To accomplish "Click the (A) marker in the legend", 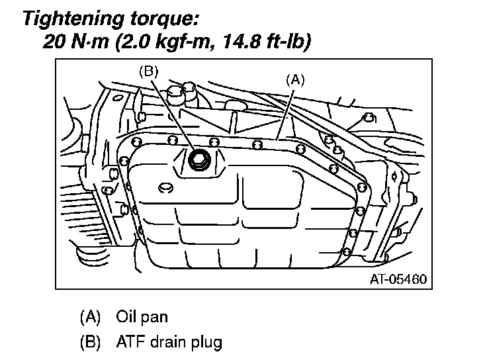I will click(x=89, y=317).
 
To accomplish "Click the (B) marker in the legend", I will click(x=89, y=342).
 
